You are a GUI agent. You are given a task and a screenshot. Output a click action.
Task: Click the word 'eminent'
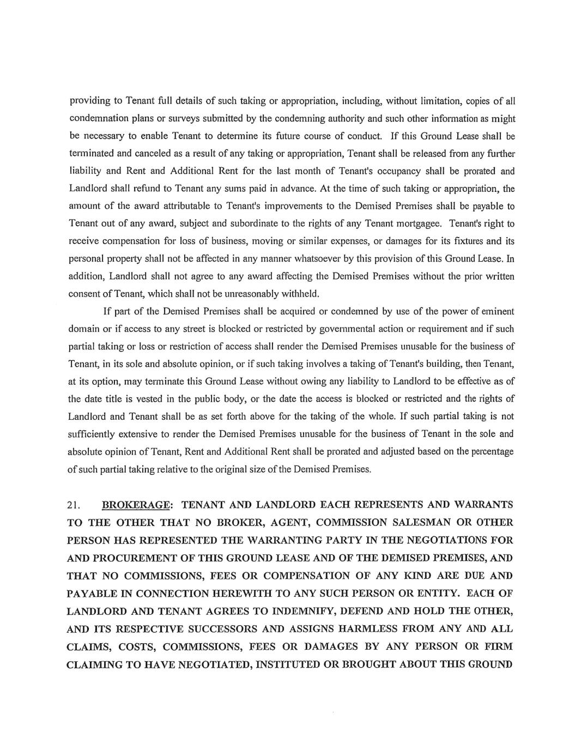point(498,311)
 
